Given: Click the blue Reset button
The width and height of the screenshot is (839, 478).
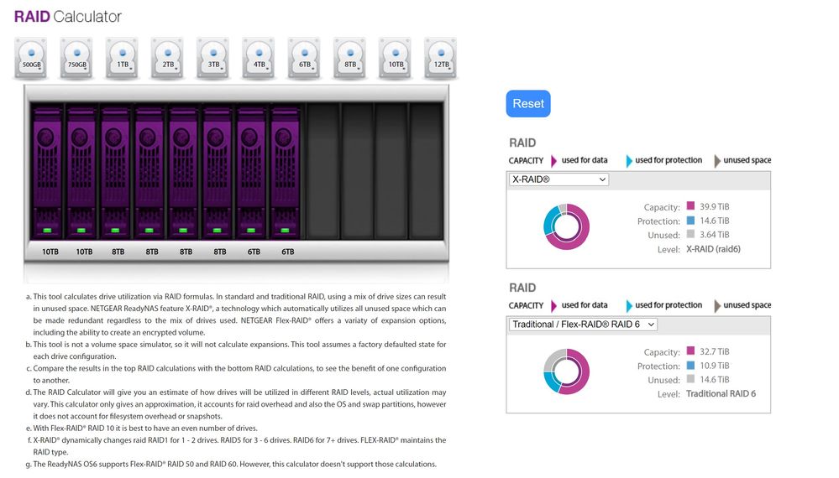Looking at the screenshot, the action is point(528,104).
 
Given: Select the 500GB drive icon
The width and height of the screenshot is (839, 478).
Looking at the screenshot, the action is point(31,58).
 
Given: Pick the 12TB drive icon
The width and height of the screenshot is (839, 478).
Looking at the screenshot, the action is point(441,58).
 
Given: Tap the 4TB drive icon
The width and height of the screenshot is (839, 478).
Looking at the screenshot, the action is point(259,58).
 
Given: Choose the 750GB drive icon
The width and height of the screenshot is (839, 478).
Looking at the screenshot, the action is point(76,58).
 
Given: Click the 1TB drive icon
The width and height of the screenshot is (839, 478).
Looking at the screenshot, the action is point(122,58).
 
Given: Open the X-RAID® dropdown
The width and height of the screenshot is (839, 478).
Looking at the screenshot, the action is point(558,179).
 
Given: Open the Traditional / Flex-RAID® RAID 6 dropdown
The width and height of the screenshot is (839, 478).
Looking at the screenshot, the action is point(583,325).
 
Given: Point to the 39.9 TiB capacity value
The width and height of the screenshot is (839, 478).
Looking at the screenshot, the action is point(715,206).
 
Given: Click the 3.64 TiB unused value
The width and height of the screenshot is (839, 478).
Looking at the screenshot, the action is point(715,235).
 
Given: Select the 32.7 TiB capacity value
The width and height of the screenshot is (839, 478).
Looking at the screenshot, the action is point(715,351).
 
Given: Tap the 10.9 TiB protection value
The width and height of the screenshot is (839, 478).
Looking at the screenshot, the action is point(715,366).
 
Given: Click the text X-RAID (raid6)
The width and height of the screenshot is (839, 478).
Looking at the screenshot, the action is point(713,249).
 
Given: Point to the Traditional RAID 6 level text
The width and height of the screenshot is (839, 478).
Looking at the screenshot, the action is point(721,393).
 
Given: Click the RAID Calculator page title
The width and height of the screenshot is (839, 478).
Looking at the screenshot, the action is point(68,17).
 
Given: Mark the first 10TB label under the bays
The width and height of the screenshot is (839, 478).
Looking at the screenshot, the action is point(50,252).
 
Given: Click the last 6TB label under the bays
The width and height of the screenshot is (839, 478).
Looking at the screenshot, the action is point(288,252).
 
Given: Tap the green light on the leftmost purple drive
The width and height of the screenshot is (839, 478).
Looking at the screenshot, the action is point(47,230).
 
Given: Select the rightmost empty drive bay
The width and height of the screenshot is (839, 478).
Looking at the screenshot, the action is point(426,171).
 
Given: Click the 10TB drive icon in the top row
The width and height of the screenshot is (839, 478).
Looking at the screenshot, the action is point(396,58).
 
